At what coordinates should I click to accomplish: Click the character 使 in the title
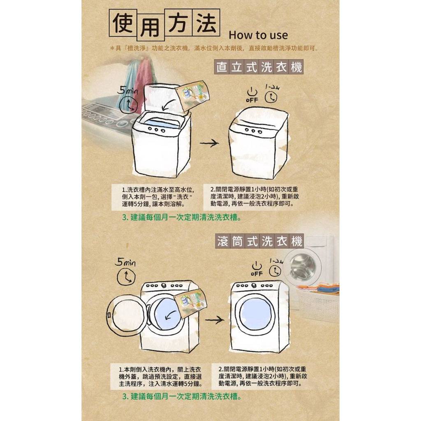pyautogui.click(x=123, y=23)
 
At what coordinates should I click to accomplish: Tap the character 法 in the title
pyautogui.click(x=206, y=23)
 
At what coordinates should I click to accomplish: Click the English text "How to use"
pyautogui.click(x=258, y=35)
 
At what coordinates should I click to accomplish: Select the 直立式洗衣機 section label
pyautogui.click(x=259, y=67)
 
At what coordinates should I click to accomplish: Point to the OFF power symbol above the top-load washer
pyautogui.click(x=252, y=95)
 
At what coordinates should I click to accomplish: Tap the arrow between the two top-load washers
pyautogui.click(x=209, y=143)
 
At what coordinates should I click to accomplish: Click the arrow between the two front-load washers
pyautogui.click(x=215, y=320)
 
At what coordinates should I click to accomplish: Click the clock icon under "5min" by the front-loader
pyautogui.click(x=126, y=277)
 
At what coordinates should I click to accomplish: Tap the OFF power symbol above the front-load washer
pyautogui.click(x=257, y=269)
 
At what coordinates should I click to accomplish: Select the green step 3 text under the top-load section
pyautogui.click(x=182, y=217)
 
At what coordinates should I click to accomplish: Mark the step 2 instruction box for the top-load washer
pyautogui.click(x=254, y=197)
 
